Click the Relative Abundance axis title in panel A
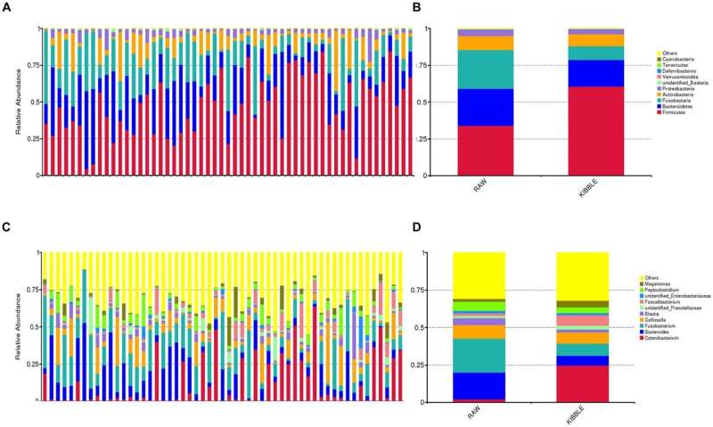pos(19,103)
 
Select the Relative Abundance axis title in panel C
pos(19,327)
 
